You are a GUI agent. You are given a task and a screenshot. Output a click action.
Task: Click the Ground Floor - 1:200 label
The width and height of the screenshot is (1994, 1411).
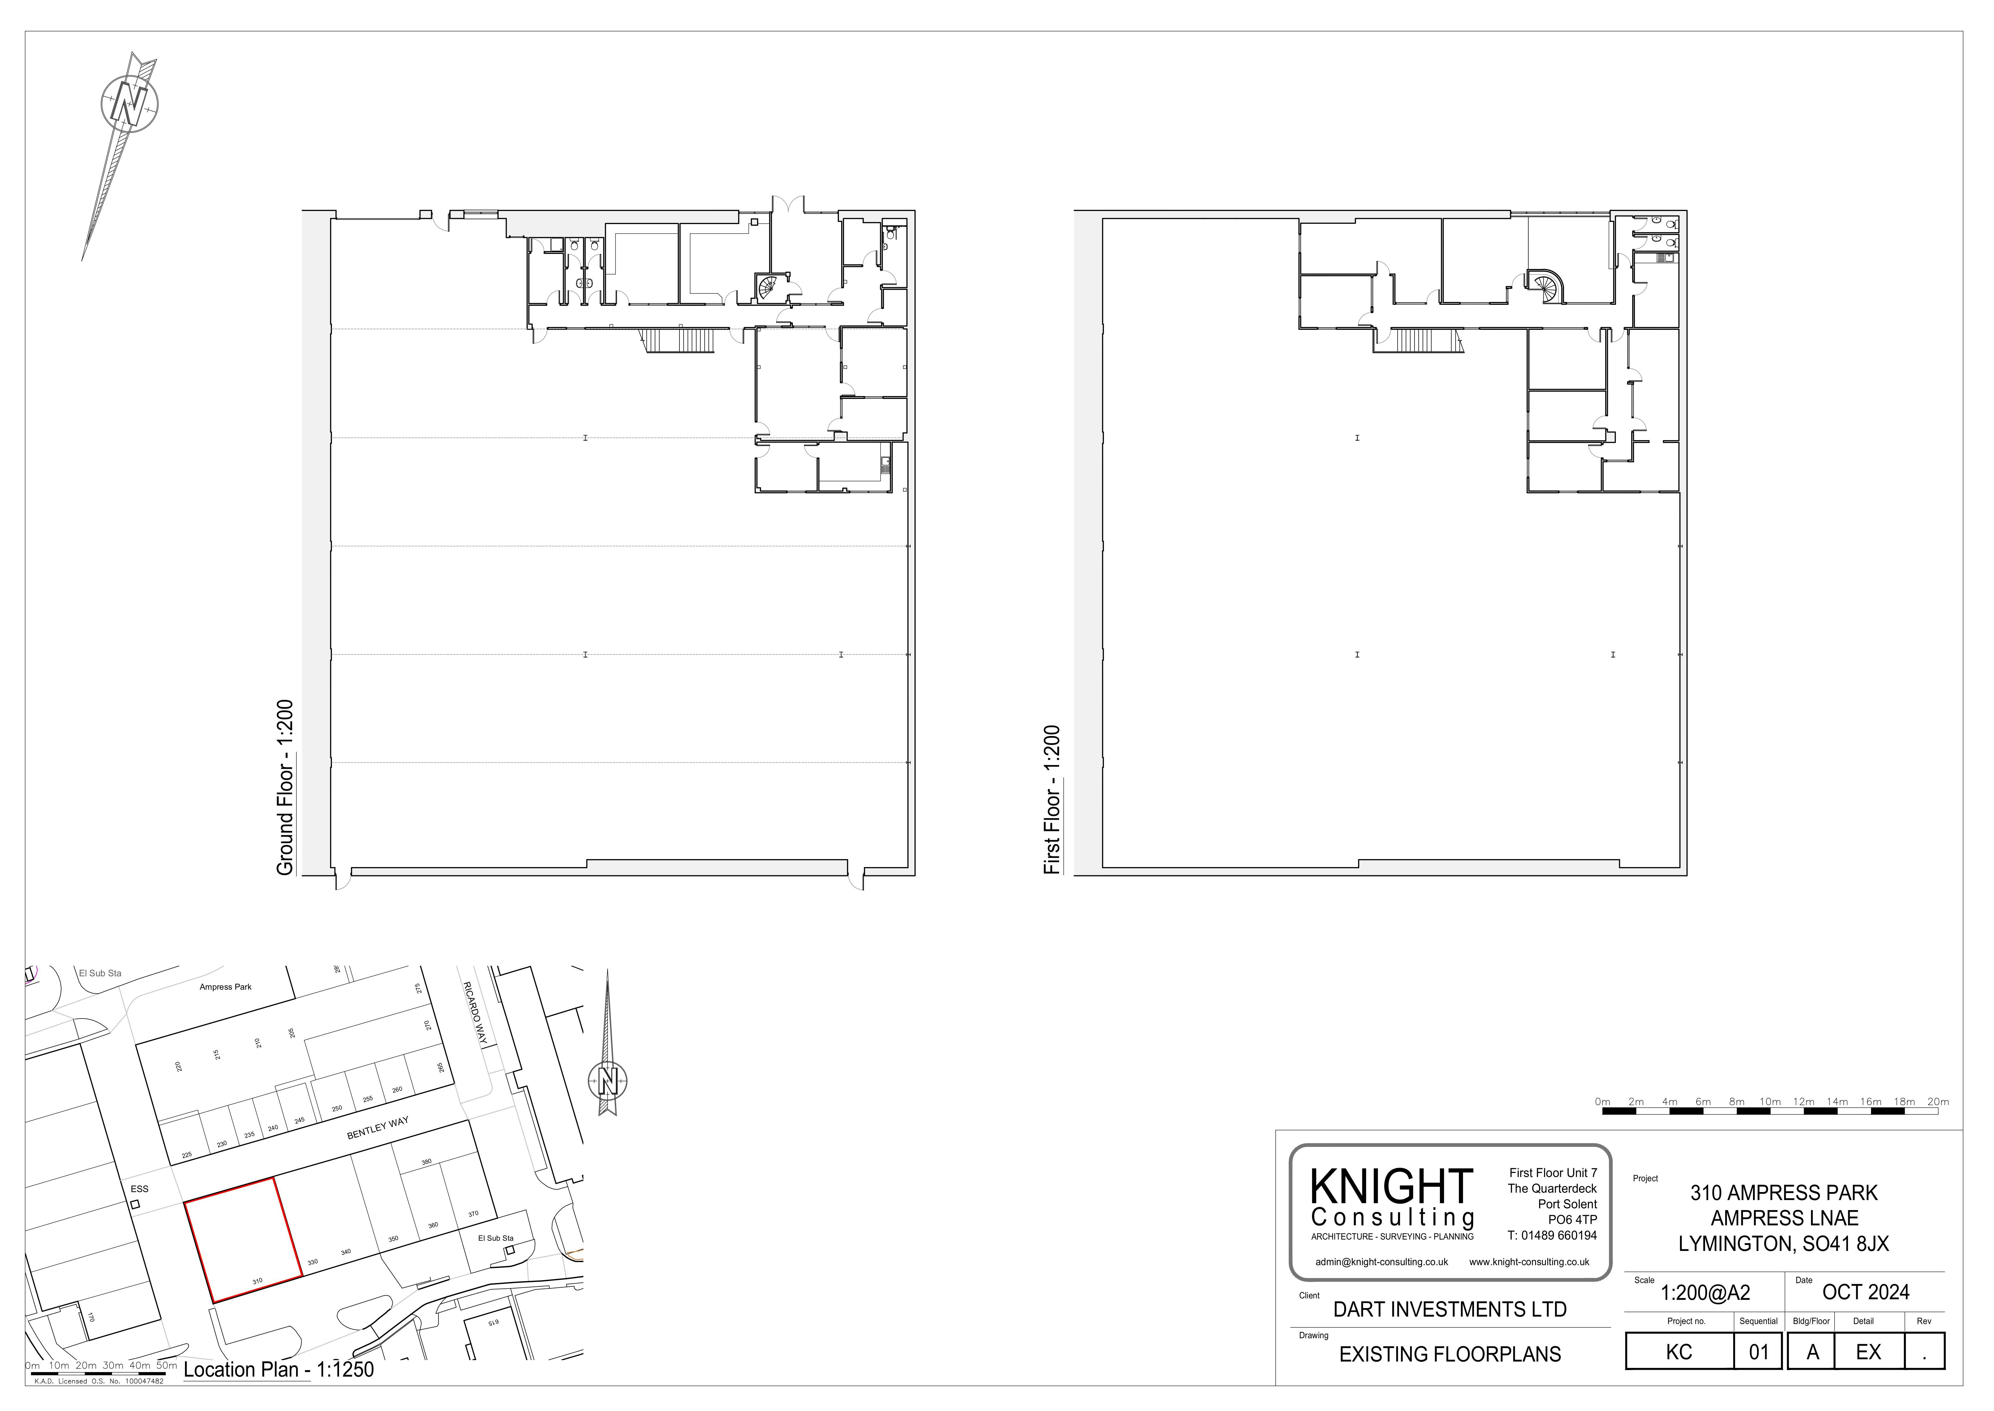point(285,787)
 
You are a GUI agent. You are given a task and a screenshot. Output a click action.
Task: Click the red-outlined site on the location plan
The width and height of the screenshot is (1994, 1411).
point(244,1240)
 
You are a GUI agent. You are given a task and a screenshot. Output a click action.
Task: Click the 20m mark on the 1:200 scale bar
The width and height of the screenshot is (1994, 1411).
point(1937,1102)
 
